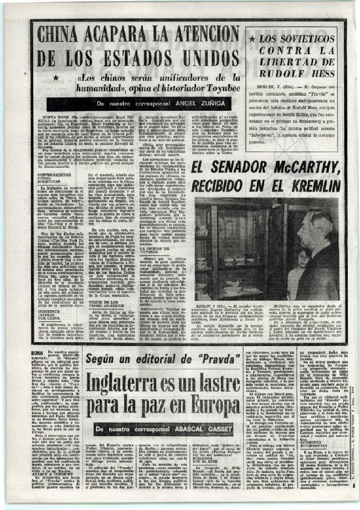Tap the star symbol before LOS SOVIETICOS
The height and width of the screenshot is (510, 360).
[252, 40]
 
